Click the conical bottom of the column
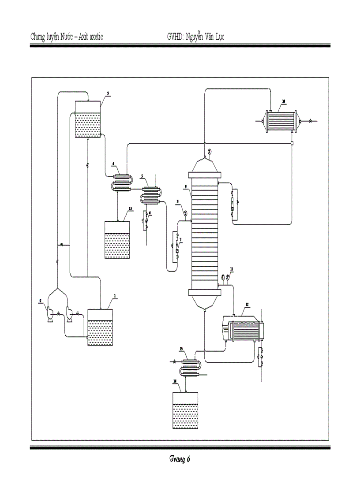point(205,302)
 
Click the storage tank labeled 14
point(184,410)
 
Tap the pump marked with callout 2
point(49,313)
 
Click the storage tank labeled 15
point(117,240)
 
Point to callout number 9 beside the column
point(187,186)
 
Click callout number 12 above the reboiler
point(247,305)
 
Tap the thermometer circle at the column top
point(210,153)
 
